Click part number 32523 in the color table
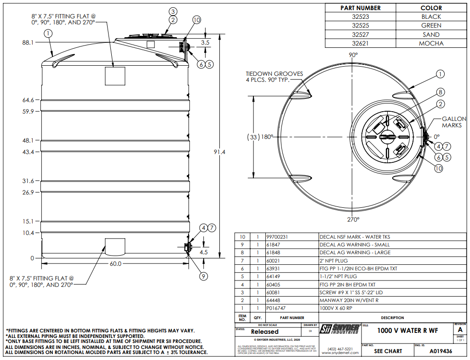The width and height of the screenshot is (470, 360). (x=360, y=17)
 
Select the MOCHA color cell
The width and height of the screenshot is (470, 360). (x=431, y=43)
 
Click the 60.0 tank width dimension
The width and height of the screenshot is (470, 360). (x=115, y=264)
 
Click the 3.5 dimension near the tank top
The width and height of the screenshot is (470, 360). (x=205, y=42)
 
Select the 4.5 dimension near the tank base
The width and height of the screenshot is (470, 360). (x=204, y=252)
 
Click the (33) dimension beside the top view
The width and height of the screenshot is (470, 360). (x=253, y=137)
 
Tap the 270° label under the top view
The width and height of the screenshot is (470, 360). (x=353, y=219)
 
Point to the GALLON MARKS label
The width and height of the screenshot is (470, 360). (x=454, y=122)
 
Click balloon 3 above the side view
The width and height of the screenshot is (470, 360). (x=173, y=11)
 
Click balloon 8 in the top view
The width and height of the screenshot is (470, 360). (x=440, y=92)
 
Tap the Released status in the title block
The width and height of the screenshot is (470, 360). (x=264, y=331)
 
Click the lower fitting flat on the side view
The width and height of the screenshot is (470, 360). (x=115, y=246)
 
